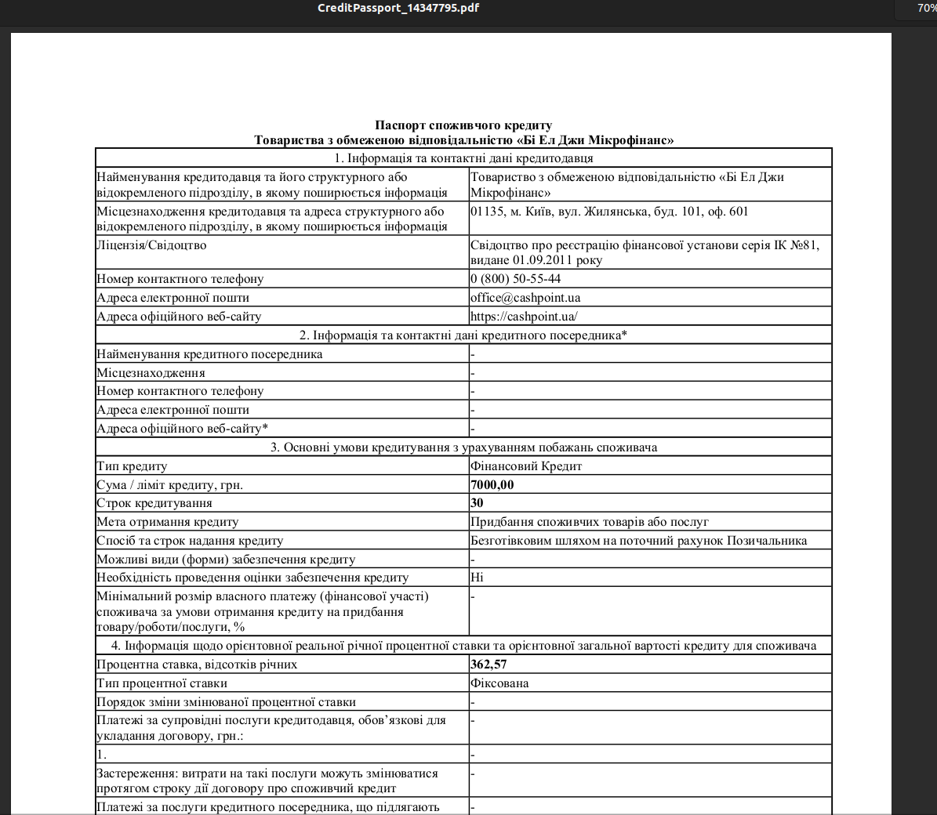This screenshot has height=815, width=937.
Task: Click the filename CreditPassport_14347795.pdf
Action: tap(398, 8)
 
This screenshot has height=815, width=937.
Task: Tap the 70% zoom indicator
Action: tap(926, 8)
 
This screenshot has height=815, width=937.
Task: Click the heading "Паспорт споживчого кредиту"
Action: tap(463, 125)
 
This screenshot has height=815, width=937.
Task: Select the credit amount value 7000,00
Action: tap(492, 485)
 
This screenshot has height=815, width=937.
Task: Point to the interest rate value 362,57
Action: tap(488, 665)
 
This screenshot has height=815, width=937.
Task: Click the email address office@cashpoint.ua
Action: tap(525, 298)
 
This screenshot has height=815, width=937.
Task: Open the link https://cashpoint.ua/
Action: tap(524, 317)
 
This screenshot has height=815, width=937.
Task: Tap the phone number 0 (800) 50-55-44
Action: tap(515, 279)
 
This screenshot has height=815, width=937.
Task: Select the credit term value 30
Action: tap(477, 503)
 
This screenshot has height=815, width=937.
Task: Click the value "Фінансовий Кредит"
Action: tap(526, 466)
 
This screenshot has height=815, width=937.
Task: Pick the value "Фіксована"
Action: tap(499, 683)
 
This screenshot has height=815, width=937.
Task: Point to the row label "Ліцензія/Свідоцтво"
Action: tap(151, 245)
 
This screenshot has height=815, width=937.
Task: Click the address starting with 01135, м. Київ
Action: tap(609, 212)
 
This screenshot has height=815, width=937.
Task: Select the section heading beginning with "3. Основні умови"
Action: tap(463, 447)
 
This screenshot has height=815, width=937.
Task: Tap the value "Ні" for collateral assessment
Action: tap(477, 578)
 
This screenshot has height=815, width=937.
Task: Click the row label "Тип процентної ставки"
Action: tap(162, 683)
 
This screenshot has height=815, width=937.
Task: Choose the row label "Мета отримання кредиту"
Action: tap(167, 522)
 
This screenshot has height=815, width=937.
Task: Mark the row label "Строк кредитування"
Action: tap(154, 503)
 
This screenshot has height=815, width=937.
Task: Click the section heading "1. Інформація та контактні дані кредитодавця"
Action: tap(463, 158)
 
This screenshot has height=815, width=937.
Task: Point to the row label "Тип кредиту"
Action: tap(132, 466)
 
